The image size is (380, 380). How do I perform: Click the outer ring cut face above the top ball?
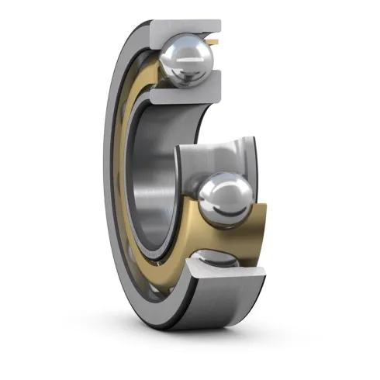pos(186,27)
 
